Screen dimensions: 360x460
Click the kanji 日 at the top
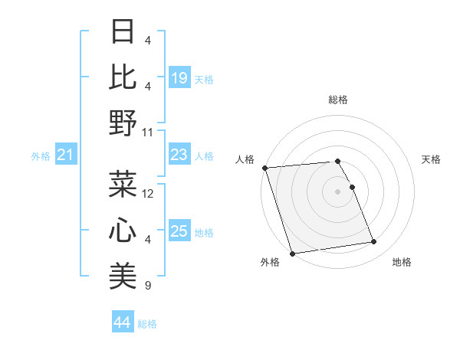[x=123, y=32]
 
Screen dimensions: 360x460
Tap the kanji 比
[x=123, y=77]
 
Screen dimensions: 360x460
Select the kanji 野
[x=123, y=122]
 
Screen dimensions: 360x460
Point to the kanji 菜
[x=123, y=184]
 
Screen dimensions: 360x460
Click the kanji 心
[x=123, y=230]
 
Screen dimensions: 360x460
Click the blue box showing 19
[x=179, y=77]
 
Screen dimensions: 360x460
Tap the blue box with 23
[x=179, y=155]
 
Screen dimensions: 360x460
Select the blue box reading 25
[x=179, y=231]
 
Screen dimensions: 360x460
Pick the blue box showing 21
[x=65, y=155]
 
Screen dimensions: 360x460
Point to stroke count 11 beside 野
[x=148, y=132]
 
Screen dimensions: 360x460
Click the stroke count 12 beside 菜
[x=148, y=194]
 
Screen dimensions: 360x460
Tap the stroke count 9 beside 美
[x=148, y=286]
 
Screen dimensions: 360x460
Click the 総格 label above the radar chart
[x=338, y=100]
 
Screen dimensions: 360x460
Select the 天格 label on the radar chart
[x=431, y=159]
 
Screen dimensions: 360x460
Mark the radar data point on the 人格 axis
[x=264, y=168]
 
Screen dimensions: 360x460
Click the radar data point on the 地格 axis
[x=374, y=242]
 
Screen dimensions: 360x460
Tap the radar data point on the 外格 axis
[x=292, y=253]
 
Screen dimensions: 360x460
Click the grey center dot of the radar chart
[x=338, y=191]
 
